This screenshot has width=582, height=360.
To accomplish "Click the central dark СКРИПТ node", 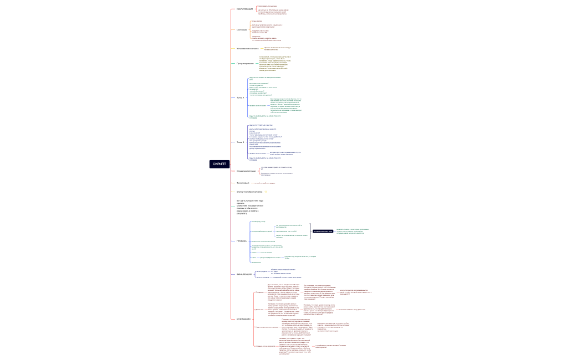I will [219, 164].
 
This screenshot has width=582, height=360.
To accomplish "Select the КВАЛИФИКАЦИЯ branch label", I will [244, 9].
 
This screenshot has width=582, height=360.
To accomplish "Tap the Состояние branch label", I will [242, 30].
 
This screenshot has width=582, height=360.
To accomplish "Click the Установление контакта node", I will [248, 48].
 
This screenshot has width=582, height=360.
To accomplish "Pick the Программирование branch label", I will [245, 64].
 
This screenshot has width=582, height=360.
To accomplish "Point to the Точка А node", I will [240, 97].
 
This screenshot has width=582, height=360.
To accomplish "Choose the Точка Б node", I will [240, 142].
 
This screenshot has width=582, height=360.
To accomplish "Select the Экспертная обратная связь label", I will [249, 192].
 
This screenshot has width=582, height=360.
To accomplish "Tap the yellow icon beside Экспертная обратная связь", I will [266, 192].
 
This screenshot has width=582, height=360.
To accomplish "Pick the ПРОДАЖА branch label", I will [242, 241].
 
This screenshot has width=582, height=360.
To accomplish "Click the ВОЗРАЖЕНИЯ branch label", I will [244, 320].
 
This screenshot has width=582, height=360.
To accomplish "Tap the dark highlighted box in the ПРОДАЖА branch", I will [323, 231].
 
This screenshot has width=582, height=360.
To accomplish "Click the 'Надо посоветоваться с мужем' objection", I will [266, 327].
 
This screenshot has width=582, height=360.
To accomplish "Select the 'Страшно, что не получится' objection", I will [266, 346].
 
